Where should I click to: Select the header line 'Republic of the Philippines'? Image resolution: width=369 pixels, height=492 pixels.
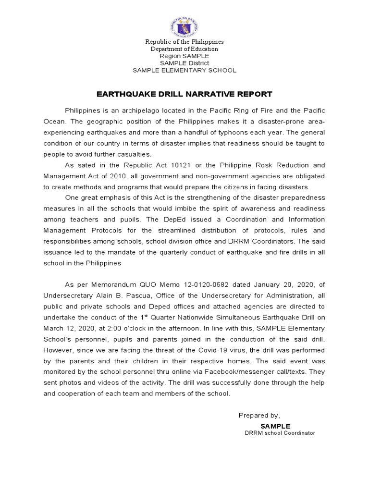(184, 42)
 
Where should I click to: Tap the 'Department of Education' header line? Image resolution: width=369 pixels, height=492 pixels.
(184, 49)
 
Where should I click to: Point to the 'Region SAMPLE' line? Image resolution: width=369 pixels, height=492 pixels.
(184, 56)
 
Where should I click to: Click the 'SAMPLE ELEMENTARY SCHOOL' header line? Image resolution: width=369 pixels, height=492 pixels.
(184, 71)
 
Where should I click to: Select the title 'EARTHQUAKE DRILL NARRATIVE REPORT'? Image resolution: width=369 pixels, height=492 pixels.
(184, 94)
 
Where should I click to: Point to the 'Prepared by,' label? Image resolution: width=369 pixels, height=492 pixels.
(259, 415)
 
